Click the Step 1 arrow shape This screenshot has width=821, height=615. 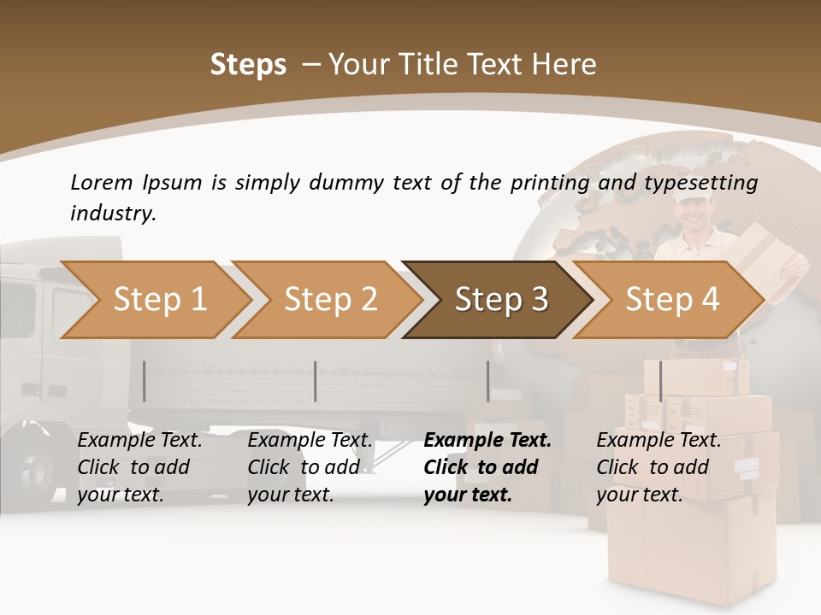click(x=159, y=300)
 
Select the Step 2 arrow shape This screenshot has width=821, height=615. click(x=330, y=300)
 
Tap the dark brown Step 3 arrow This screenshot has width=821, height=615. click(x=500, y=300)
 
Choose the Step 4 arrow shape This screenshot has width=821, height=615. click(x=671, y=300)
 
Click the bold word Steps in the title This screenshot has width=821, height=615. click(x=248, y=65)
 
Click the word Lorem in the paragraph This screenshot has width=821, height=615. click(x=101, y=182)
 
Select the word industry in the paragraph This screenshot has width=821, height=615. click(x=112, y=213)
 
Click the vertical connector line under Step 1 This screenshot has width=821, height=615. click(x=145, y=381)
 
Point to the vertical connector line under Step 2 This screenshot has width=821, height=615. click(x=316, y=381)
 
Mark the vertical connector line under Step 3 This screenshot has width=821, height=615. click(x=487, y=381)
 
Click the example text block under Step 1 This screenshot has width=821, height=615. click(x=139, y=467)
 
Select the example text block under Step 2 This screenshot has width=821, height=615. click(x=310, y=467)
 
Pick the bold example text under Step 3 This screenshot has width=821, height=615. click(x=487, y=467)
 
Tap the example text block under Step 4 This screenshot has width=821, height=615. click(x=659, y=467)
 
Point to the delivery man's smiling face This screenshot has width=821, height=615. click(x=688, y=219)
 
